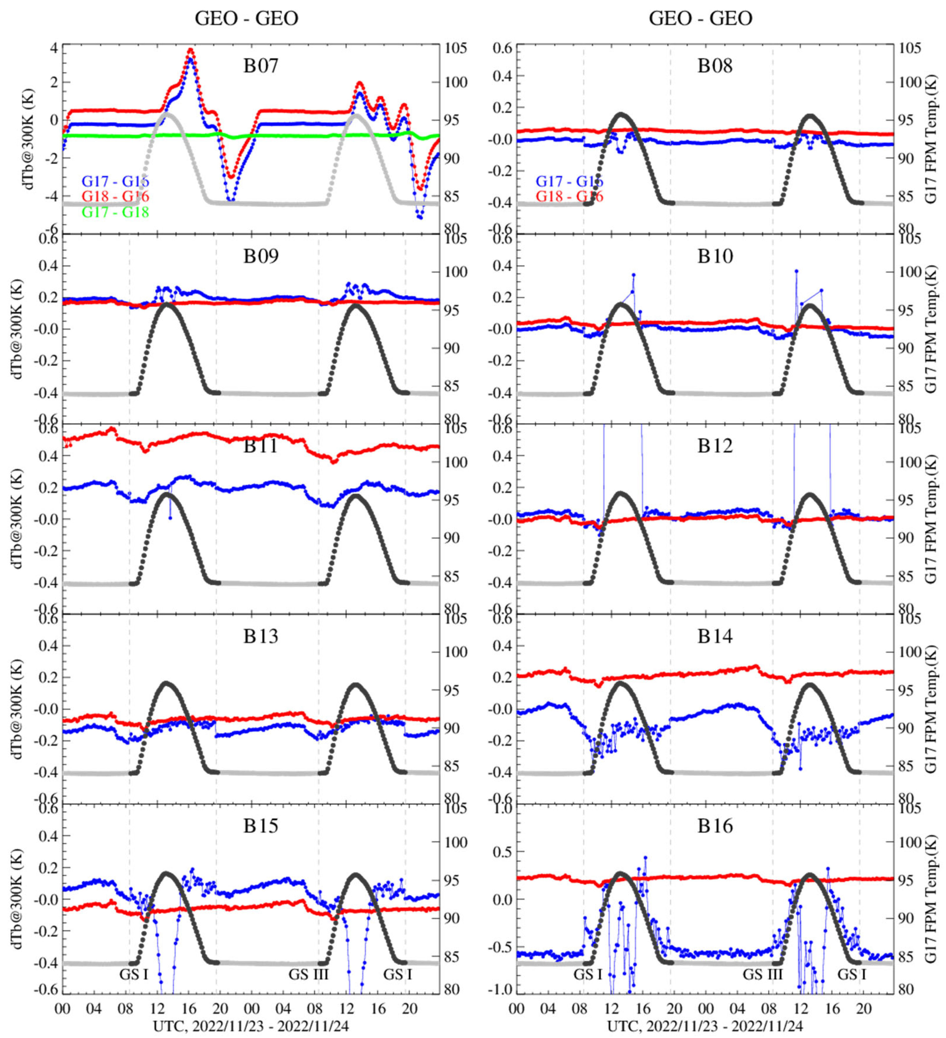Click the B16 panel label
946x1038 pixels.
point(715,826)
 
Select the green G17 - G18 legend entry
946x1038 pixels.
point(115,212)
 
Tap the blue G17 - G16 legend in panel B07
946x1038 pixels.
point(115,181)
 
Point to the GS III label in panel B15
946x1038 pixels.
point(308,974)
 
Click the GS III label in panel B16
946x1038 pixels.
point(762,974)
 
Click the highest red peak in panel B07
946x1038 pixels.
point(190,50)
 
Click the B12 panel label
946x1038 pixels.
point(715,446)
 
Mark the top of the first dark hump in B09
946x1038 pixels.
point(167,305)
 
